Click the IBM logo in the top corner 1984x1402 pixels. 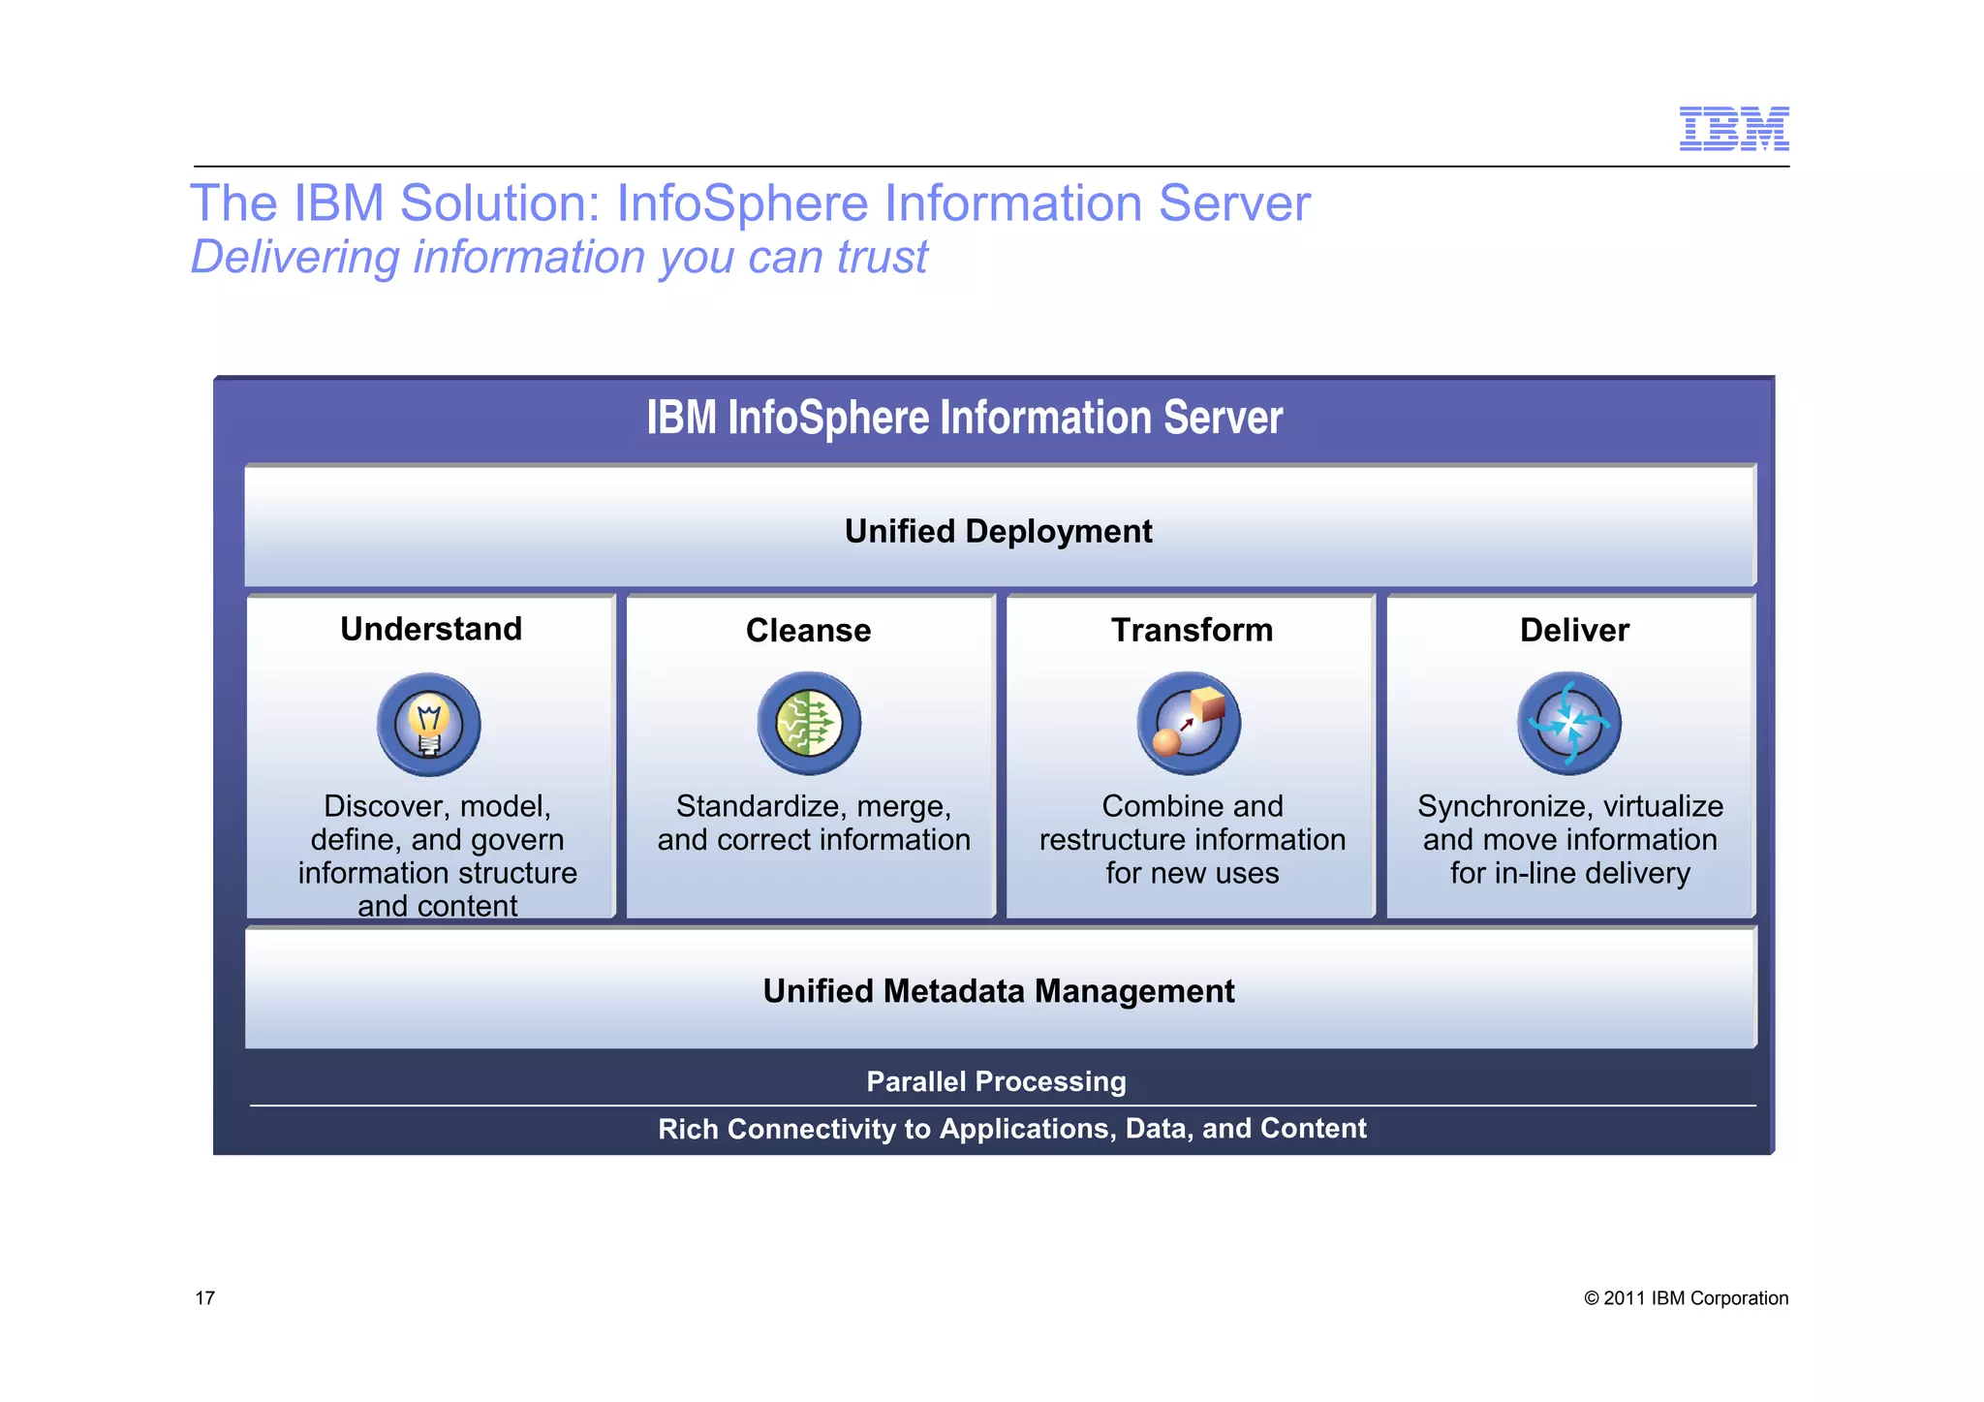pyautogui.click(x=1733, y=129)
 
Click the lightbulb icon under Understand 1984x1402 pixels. pyautogui.click(x=428, y=725)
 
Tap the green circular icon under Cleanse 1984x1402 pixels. pyautogui.click(x=809, y=724)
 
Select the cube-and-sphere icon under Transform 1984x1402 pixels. pyautogui.click(x=1189, y=724)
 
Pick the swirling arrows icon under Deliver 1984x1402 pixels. pyautogui.click(x=1568, y=724)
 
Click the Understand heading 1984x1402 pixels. pyautogui.click(x=431, y=629)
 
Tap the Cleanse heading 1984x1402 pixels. pyautogui.click(x=808, y=631)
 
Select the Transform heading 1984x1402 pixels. pyautogui.click(x=1192, y=630)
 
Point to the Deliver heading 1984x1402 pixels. pyautogui.click(x=1574, y=630)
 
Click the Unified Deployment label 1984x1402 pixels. pyautogui.click(x=998, y=531)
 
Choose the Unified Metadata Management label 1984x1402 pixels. pyautogui.click(x=998, y=991)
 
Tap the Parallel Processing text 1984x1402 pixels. pyautogui.click(x=996, y=1081)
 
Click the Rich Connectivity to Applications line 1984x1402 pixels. pyautogui.click(x=1011, y=1129)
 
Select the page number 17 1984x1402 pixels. pyautogui.click(x=205, y=1298)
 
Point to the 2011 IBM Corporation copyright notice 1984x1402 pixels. pyautogui.click(x=1686, y=1298)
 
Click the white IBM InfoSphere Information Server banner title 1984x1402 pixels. pyautogui.click(x=964, y=418)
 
